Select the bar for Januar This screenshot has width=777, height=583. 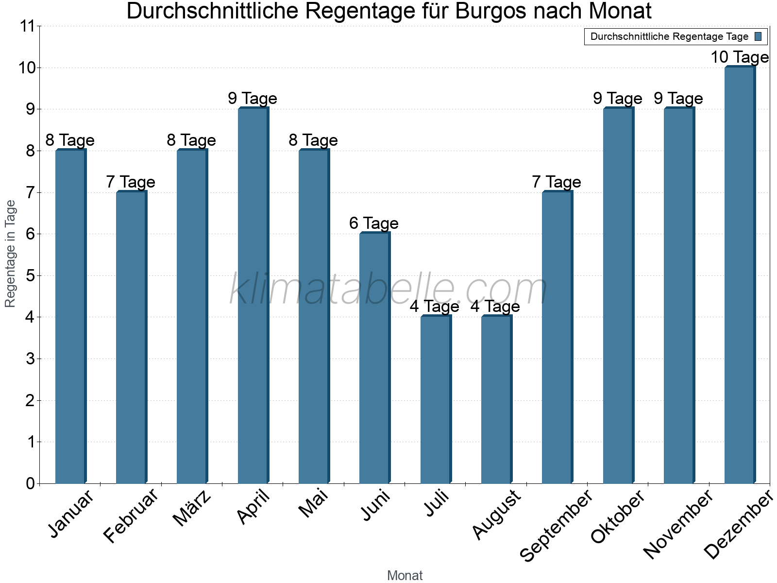tap(70, 316)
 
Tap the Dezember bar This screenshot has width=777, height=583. tap(740, 274)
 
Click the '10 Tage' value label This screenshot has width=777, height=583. tap(740, 57)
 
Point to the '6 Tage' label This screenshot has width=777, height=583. tap(374, 223)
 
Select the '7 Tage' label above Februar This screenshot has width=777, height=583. tap(131, 182)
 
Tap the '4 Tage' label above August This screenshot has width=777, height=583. tap(495, 307)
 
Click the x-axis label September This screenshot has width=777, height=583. tap(557, 525)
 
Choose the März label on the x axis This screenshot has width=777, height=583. tap(192, 508)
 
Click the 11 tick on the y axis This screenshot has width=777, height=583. tap(28, 26)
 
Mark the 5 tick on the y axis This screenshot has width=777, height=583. tap(31, 276)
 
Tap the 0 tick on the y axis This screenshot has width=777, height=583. tap(31, 483)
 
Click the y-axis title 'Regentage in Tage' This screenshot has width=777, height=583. tap(11, 254)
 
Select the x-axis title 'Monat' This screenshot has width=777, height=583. tap(405, 576)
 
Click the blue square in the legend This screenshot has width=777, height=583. tap(759, 36)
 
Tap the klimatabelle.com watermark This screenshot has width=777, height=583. tap(388, 289)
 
